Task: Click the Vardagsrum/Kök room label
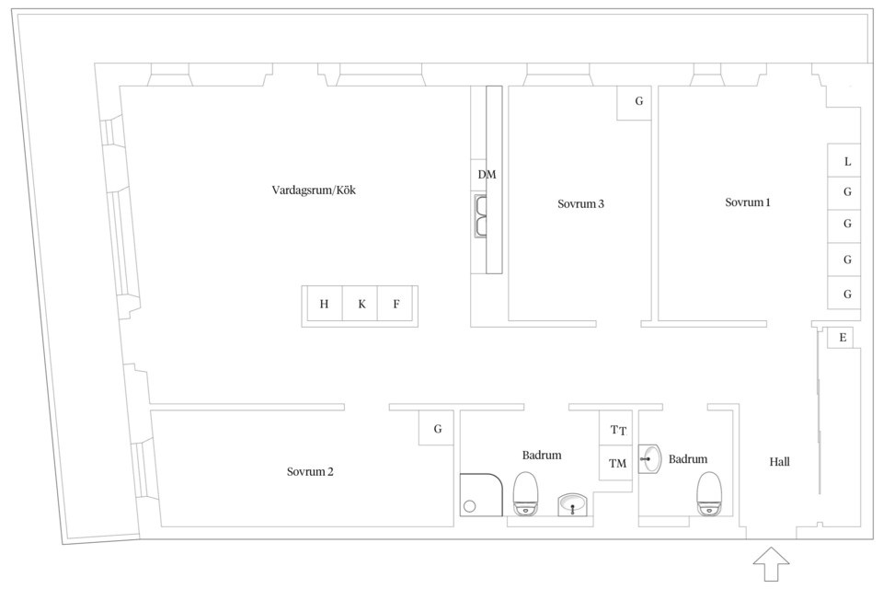coord(314,190)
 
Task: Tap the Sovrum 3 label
coord(580,203)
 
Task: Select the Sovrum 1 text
coord(747,202)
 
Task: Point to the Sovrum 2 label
coord(310,471)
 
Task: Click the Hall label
coord(779,462)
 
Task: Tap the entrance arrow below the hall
coord(771,563)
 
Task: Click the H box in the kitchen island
coord(324,304)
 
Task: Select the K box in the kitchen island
coord(361,304)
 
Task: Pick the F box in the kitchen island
coord(396,304)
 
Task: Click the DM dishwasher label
coord(487,175)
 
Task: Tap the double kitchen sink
coord(480,216)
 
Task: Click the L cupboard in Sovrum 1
coord(843,161)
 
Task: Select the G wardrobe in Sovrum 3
coord(634,102)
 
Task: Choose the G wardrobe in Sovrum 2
coord(436,428)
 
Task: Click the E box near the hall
coord(840,338)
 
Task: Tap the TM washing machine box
coord(615,463)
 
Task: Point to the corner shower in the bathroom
coord(481,494)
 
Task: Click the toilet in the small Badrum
coord(709,493)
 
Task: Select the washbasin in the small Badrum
coord(650,459)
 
